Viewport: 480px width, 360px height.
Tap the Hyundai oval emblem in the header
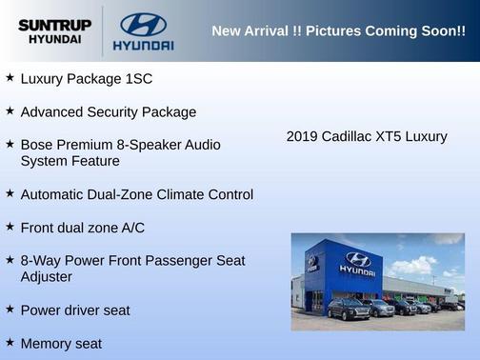143,24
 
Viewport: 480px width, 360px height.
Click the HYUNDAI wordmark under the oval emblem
143,45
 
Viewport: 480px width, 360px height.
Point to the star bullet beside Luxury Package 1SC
10,77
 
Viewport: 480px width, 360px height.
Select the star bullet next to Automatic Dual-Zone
10,193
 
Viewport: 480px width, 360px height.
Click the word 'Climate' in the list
183,194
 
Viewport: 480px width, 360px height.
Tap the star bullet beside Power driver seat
10,309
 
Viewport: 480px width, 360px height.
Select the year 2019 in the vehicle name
302,136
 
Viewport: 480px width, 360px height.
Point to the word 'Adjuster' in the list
47,276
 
